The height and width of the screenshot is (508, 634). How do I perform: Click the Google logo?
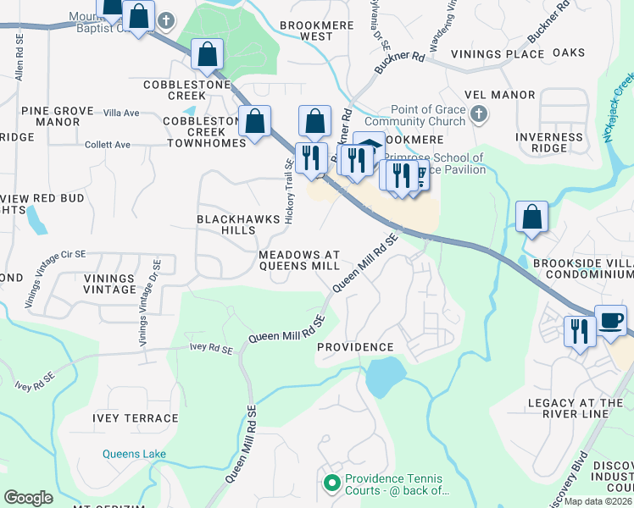tap(28, 498)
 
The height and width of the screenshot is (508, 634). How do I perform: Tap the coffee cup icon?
tap(610, 321)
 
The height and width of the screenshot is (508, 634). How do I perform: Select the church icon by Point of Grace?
tap(479, 114)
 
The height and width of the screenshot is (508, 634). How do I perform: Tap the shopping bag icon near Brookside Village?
tap(531, 217)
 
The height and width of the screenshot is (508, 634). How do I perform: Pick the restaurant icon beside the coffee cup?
tap(580, 330)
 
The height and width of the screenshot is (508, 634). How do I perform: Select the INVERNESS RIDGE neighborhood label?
tap(550, 142)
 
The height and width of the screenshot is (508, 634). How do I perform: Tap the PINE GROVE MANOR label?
tap(50, 116)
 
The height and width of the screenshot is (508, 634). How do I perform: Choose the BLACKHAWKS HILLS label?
tap(237, 224)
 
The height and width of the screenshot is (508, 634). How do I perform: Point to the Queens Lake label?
tap(134, 454)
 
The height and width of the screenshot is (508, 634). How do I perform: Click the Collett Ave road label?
tap(107, 145)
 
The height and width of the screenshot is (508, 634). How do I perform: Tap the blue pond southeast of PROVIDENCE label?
tap(385, 375)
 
